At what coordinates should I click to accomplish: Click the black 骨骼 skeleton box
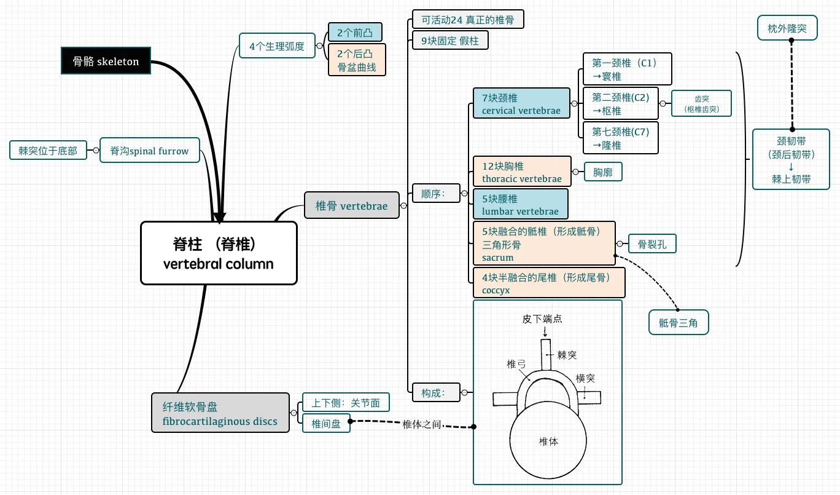[x=106, y=60]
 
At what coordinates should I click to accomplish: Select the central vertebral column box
[x=219, y=253]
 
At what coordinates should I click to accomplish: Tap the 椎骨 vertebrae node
[x=351, y=205]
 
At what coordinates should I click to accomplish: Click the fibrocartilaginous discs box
[x=220, y=413]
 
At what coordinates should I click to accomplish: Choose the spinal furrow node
[x=149, y=150]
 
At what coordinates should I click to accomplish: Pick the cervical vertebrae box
[x=521, y=103]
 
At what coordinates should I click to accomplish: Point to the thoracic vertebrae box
[x=522, y=172]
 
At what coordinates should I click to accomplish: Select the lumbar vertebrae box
[x=520, y=204]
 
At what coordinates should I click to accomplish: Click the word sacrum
[x=497, y=258]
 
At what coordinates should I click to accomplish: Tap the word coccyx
[x=496, y=290]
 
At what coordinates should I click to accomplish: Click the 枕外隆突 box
[x=787, y=28]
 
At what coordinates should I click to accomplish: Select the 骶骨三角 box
[x=679, y=322]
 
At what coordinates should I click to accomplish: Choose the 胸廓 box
[x=603, y=172]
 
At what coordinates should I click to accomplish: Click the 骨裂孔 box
[x=652, y=244]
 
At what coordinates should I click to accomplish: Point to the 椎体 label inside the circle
[x=548, y=442]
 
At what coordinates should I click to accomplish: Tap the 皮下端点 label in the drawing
[x=542, y=319]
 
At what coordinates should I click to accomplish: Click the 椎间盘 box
[x=326, y=423]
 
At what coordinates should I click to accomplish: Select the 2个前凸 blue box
[x=355, y=33]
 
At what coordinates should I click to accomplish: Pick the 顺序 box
[x=436, y=193]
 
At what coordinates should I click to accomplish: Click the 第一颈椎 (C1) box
[x=627, y=69]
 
